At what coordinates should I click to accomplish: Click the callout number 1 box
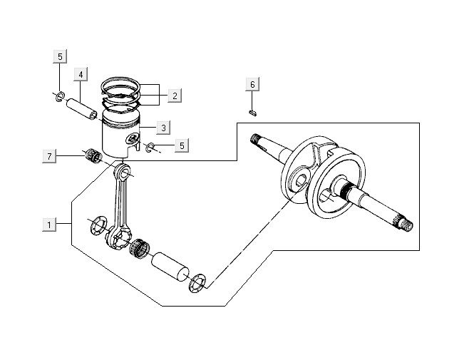tap(49, 225)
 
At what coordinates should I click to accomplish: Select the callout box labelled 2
tap(175, 94)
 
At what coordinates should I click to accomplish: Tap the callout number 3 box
tap(163, 128)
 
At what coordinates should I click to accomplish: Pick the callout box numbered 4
tap(81, 75)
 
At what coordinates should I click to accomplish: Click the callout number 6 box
tap(252, 85)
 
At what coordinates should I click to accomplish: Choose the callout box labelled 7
tap(49, 156)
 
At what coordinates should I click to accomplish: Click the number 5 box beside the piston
tap(182, 145)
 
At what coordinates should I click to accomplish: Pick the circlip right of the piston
tap(150, 148)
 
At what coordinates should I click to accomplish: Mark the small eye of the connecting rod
tap(125, 171)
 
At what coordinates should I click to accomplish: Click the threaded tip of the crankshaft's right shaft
tap(407, 225)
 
